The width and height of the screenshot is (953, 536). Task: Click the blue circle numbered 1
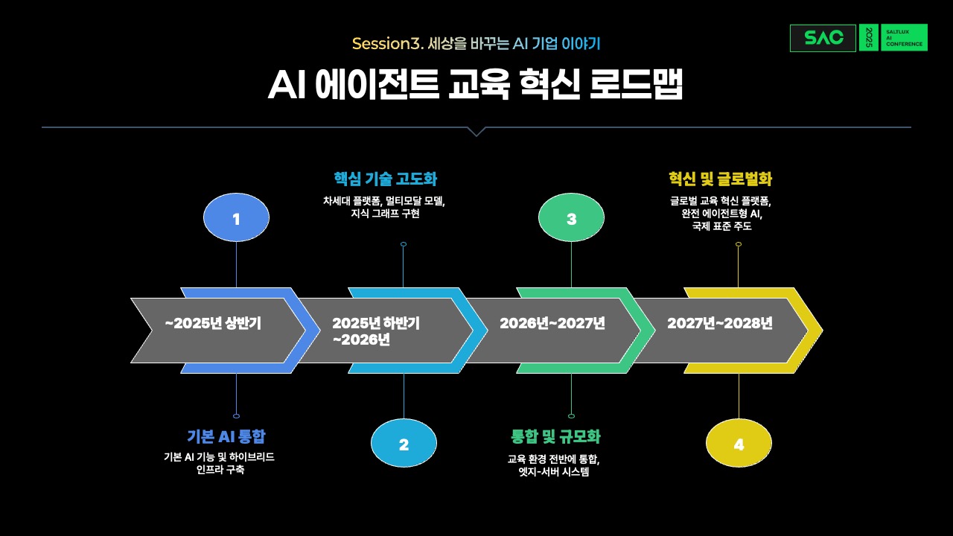click(x=236, y=217)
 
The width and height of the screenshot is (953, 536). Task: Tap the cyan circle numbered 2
click(x=404, y=443)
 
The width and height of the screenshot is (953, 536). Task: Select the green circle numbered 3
click(x=571, y=217)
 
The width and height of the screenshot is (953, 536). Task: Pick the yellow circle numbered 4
click(x=739, y=443)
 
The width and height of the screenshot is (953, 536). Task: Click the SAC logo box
click(x=823, y=38)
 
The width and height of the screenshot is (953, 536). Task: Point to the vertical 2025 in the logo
click(x=869, y=38)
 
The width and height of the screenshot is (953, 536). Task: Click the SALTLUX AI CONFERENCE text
click(x=904, y=38)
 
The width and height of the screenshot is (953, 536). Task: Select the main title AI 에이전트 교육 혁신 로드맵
click(x=476, y=84)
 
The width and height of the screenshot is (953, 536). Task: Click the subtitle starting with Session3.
click(x=476, y=43)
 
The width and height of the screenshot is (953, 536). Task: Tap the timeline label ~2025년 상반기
click(x=213, y=323)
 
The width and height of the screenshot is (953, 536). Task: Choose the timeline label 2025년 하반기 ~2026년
click(x=376, y=331)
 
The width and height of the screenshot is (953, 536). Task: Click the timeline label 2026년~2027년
click(x=552, y=323)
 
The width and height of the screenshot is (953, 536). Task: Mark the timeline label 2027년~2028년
click(x=720, y=323)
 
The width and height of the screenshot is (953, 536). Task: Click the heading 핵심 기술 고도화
click(x=386, y=179)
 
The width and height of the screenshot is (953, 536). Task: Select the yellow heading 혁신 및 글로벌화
click(x=720, y=179)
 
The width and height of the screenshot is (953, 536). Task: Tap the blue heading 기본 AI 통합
click(x=226, y=436)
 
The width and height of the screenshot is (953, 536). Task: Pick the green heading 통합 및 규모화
click(x=555, y=436)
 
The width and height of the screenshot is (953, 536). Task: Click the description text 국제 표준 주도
click(x=721, y=226)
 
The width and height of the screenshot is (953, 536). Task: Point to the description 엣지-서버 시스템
click(x=554, y=471)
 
